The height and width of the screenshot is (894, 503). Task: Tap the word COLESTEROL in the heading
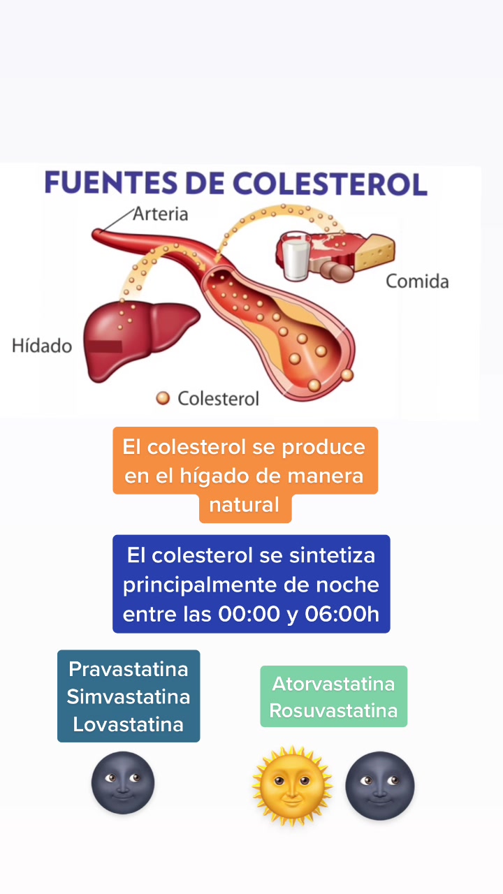coord(330,182)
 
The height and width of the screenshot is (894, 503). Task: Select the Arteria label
coord(161,214)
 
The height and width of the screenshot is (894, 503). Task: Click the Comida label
coord(417,281)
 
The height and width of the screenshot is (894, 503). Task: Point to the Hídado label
coord(42,346)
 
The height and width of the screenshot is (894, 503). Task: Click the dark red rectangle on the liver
coord(104,346)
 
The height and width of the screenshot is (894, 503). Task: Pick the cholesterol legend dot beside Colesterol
coord(163,398)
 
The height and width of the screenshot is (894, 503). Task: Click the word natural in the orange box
coord(245,504)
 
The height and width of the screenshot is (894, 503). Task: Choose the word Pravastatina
coord(129,669)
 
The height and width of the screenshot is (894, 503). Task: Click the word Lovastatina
coord(129,724)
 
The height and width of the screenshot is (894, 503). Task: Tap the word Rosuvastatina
coord(333,711)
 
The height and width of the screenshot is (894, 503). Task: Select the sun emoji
coord(292,785)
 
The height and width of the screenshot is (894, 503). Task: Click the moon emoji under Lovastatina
coord(123,782)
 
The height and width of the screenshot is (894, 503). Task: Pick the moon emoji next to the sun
coord(380,785)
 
